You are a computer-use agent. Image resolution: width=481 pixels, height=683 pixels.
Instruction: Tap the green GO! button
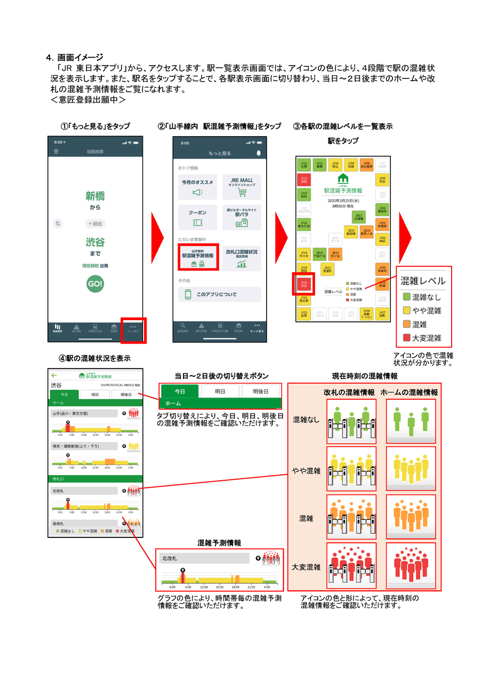click(95, 284)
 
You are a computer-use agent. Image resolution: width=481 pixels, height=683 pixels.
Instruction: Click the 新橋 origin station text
click(95, 196)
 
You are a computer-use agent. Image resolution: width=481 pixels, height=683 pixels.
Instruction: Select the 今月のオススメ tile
click(197, 187)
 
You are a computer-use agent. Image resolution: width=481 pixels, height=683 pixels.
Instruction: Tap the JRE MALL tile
click(242, 187)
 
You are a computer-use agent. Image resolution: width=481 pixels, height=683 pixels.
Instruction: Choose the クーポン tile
click(197, 217)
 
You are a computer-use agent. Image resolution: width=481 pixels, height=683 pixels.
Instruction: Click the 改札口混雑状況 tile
click(242, 257)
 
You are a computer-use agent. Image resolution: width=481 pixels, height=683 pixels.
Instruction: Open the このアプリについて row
click(220, 295)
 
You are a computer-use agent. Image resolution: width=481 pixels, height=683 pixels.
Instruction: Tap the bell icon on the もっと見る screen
click(259, 153)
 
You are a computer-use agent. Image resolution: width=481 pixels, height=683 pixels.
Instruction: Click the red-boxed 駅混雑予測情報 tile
click(198, 257)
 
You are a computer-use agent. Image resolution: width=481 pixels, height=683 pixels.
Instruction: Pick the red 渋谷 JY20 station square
click(304, 284)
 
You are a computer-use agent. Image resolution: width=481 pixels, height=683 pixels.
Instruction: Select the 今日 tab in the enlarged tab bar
click(180, 391)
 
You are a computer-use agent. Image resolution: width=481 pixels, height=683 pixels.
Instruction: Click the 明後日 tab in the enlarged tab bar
click(260, 391)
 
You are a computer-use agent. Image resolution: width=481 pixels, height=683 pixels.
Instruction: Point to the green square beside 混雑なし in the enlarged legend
click(407, 297)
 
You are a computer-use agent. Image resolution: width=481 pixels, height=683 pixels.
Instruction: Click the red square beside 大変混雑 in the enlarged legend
click(407, 338)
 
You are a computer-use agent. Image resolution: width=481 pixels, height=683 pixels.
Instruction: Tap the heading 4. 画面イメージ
click(74, 57)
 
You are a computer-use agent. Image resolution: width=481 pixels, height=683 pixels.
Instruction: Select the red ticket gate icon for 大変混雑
click(351, 565)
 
